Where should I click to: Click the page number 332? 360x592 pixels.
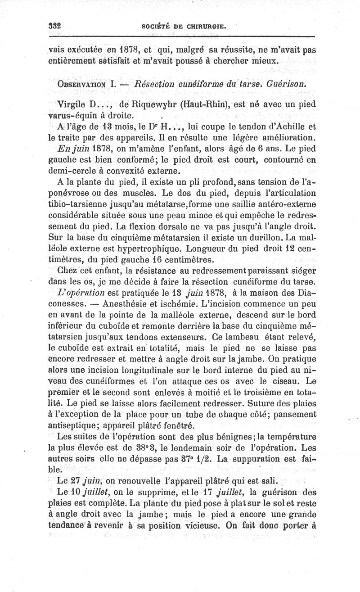coord(54,25)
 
